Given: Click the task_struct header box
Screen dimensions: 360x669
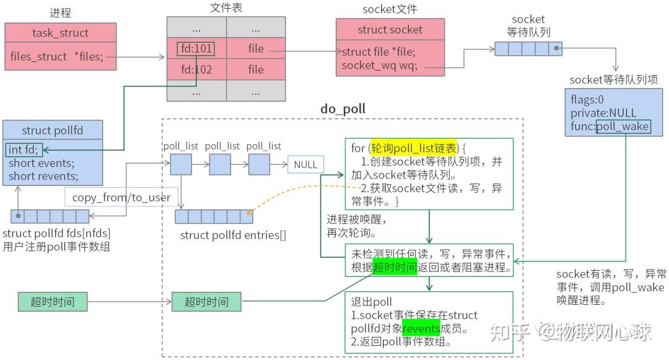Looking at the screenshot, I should click(60, 33).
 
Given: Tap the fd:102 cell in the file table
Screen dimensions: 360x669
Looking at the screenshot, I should click(196, 69).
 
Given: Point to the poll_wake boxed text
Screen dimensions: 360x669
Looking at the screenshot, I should click(623, 126).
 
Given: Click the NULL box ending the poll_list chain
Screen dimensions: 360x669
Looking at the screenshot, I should click(305, 165).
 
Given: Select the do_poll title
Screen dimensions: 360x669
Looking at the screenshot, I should click(343, 109).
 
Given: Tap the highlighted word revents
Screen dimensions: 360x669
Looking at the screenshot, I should click(421, 328).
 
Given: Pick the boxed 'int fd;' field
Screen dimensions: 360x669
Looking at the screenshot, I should click(23, 149).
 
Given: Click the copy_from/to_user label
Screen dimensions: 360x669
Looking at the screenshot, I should click(121, 198).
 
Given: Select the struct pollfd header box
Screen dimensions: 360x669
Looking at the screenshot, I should click(52, 130).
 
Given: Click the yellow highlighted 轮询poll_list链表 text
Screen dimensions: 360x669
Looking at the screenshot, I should click(413, 148).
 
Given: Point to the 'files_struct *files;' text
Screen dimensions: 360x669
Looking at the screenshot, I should click(56, 56).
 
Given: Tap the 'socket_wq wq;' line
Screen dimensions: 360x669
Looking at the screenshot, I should click(380, 65).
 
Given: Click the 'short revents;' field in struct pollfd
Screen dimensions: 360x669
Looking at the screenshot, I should click(43, 176).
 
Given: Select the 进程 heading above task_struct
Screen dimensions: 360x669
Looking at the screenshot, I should click(60, 12).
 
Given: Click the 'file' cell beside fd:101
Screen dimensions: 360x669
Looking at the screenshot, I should click(256, 48).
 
